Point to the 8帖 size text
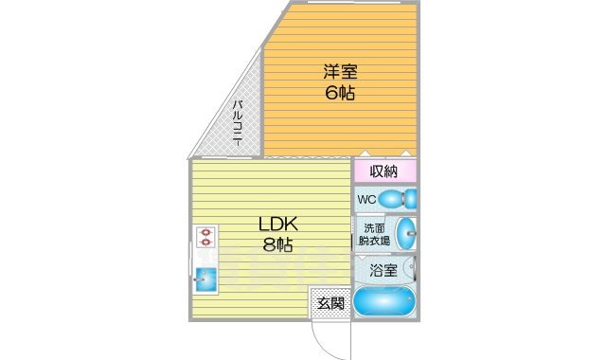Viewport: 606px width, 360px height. click(277, 246)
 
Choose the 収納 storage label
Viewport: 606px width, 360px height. click(383, 171)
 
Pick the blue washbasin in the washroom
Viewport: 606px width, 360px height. click(405, 232)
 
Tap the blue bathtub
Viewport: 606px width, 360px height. click(384, 302)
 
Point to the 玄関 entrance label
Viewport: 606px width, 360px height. click(330, 303)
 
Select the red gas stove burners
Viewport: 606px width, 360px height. click(205, 236)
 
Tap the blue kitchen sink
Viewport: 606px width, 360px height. click(205, 279)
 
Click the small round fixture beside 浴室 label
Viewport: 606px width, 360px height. click(411, 267)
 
